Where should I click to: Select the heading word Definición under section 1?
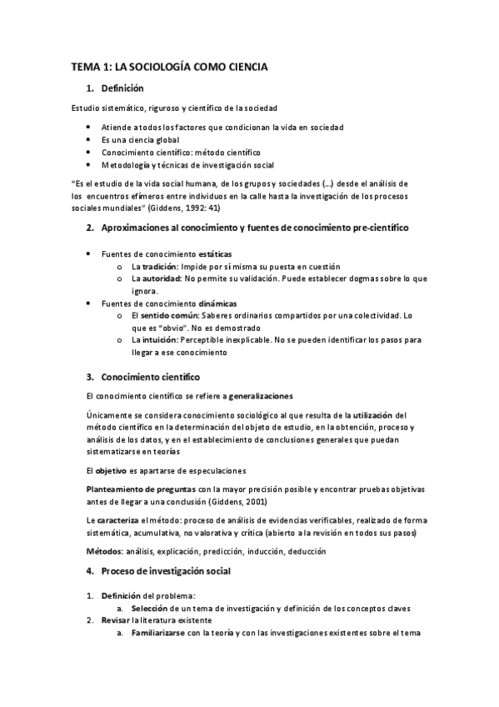pyautogui.click(x=122, y=88)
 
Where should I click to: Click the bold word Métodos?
pyautogui.click(x=104, y=551)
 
